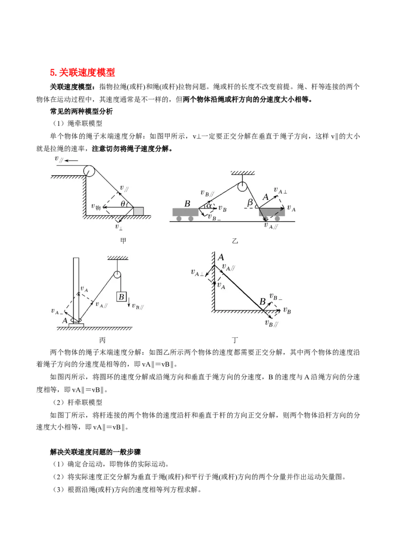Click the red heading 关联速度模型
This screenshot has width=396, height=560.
point(87,73)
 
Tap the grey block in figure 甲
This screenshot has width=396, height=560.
point(138,211)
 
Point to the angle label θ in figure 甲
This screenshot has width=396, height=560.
point(123,204)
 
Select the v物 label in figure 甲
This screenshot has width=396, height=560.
point(96,206)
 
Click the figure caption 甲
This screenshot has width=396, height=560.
point(123,241)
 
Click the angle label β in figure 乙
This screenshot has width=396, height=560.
point(250,202)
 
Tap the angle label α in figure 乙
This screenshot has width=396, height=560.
point(209,205)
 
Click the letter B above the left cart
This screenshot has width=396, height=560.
point(187,204)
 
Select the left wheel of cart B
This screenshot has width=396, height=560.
point(179,218)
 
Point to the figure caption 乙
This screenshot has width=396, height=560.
point(235,241)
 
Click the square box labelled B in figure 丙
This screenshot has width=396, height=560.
point(121,297)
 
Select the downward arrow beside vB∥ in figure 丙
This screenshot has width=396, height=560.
point(129,303)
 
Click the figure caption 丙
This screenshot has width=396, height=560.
point(102,340)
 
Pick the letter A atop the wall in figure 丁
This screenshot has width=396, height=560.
point(221,257)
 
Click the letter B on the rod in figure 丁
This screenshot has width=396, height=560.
point(263,302)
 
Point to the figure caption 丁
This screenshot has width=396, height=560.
point(235,340)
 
